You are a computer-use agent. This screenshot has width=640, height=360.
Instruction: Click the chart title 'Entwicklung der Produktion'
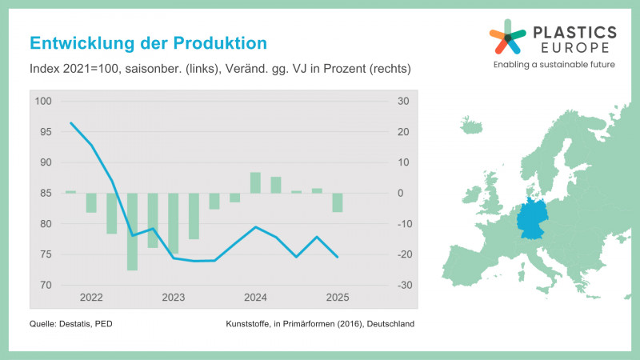coord(148,42)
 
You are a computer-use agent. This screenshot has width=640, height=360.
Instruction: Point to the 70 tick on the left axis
coord(45,286)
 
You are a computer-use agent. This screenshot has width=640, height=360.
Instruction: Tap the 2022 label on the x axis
coord(91,298)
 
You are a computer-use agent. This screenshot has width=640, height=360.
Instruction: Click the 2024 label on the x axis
coord(255,298)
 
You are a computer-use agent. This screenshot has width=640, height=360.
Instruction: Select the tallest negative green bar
coord(132,232)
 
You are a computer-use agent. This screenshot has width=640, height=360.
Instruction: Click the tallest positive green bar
coord(255,182)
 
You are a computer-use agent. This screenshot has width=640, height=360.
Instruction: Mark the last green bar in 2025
coord(338,202)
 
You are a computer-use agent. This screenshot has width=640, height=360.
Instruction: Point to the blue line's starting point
coord(71,123)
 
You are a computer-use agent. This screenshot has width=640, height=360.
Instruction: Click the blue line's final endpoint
coord(338,257)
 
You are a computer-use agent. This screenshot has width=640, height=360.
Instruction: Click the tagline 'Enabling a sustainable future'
coord(554,64)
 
